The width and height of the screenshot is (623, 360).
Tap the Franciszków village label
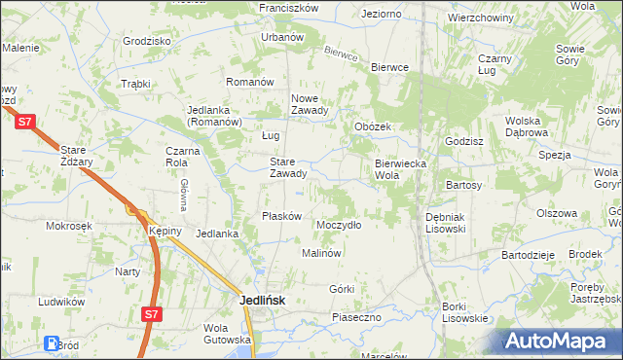pyautogui.click(x=289, y=7)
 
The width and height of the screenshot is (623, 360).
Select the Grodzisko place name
pyautogui.click(x=147, y=42)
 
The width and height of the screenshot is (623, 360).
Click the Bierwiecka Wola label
pyautogui.click(x=401, y=169)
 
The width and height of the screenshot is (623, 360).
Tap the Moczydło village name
pyautogui.click(x=339, y=224)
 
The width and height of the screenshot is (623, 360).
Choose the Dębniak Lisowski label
pyautogui.click(x=446, y=223)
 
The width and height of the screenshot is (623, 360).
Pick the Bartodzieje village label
pyautogui.click(x=527, y=254)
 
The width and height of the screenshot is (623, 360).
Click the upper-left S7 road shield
pyautogui.click(x=26, y=122)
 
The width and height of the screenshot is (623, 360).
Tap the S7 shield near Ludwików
pyautogui.click(x=150, y=314)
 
